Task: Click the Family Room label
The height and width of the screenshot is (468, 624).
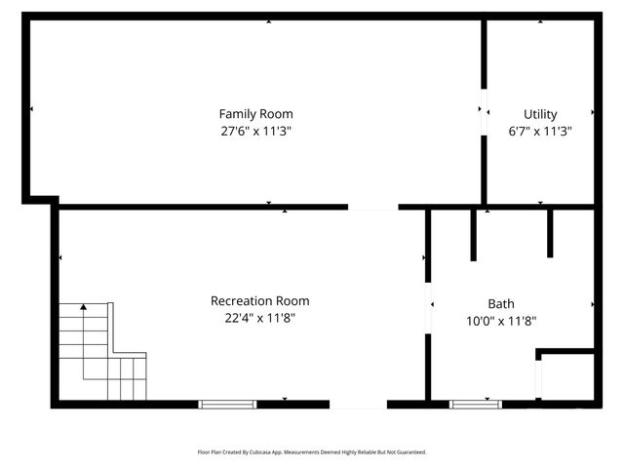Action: pyautogui.click(x=255, y=114)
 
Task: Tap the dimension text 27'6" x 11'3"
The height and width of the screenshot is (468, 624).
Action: pyautogui.click(x=255, y=131)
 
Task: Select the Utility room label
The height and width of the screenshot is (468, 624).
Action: pyautogui.click(x=540, y=114)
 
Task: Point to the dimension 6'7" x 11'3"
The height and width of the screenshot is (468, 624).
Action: pyautogui.click(x=540, y=131)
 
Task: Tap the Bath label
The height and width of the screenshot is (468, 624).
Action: pyautogui.click(x=501, y=303)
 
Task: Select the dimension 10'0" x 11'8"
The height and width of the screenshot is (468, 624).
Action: pyautogui.click(x=501, y=320)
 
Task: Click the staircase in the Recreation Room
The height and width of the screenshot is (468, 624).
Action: pyautogui.click(x=100, y=354)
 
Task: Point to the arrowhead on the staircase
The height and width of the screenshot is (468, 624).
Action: pyautogui.click(x=84, y=307)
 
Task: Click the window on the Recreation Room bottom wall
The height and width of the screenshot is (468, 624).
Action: pyautogui.click(x=227, y=404)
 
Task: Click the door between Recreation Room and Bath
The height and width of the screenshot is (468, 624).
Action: pyautogui.click(x=428, y=310)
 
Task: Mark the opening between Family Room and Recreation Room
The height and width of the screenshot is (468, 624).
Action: pyautogui.click(x=373, y=207)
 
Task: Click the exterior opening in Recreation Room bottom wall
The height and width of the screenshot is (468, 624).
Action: pyautogui.click(x=358, y=404)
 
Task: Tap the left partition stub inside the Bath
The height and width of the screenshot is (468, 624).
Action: pyautogui.click(x=473, y=234)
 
